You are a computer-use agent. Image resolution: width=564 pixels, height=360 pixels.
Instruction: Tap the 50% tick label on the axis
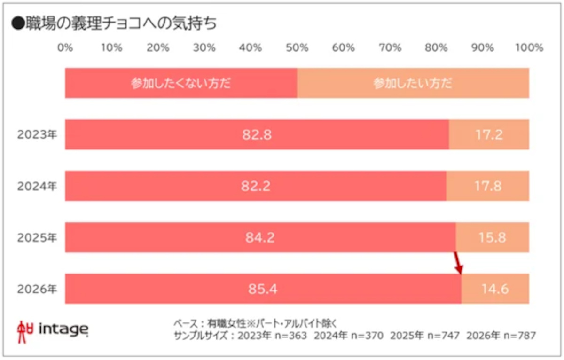tap(297, 47)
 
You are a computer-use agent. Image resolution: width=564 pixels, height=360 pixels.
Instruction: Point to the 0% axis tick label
tap(65, 47)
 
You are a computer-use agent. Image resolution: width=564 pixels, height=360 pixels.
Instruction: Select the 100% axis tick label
tap(529, 47)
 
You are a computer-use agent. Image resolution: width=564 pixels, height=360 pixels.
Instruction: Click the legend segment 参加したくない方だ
tap(181, 84)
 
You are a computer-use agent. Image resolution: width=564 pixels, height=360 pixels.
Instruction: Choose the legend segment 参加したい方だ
tap(413, 84)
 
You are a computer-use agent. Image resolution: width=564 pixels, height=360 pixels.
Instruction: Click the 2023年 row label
tap(37, 135)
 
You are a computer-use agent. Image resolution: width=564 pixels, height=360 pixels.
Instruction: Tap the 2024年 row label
tap(37, 186)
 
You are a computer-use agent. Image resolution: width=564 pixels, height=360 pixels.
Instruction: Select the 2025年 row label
tap(37, 237)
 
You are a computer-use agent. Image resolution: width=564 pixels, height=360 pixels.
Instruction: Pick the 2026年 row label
tap(37, 289)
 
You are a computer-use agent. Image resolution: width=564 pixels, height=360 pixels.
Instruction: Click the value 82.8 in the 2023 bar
tap(257, 135)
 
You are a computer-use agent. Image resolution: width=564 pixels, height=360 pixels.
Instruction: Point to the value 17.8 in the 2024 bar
tap(488, 186)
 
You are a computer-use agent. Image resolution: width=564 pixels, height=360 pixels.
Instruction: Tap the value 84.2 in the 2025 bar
tap(260, 237)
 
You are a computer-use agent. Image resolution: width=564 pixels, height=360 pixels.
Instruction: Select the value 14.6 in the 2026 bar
tap(495, 289)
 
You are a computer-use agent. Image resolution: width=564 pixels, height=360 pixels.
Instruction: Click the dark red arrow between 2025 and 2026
tap(458, 263)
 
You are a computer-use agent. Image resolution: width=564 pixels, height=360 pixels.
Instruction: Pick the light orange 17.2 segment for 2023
tap(489, 135)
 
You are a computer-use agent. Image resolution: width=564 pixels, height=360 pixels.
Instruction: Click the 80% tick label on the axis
tap(436, 47)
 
